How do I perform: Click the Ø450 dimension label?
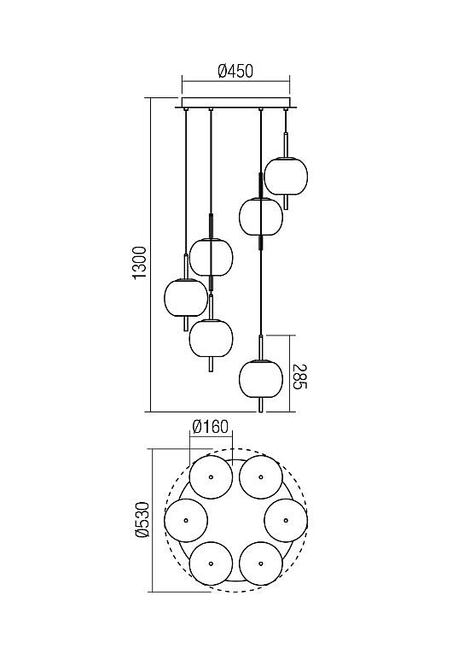click(235, 72)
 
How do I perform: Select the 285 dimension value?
click(300, 377)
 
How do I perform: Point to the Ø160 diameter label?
click(211, 427)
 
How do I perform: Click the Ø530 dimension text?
click(142, 521)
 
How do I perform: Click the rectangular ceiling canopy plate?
click(235, 103)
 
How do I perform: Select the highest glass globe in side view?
click(286, 176)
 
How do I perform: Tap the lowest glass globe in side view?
click(261, 378)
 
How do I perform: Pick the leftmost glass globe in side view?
click(186, 297)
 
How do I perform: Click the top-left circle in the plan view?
click(211, 476)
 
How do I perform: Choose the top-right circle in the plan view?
click(261, 476)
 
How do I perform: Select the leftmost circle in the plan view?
click(186, 520)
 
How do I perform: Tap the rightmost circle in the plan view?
click(286, 520)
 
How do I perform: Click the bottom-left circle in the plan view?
click(211, 563)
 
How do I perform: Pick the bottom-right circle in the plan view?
click(261, 563)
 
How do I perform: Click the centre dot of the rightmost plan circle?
click(286, 520)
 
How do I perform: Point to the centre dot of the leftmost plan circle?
click(186, 520)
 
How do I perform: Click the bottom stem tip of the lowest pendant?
click(261, 412)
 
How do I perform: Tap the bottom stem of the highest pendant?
click(286, 202)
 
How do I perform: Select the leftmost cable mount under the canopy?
click(186, 109)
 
